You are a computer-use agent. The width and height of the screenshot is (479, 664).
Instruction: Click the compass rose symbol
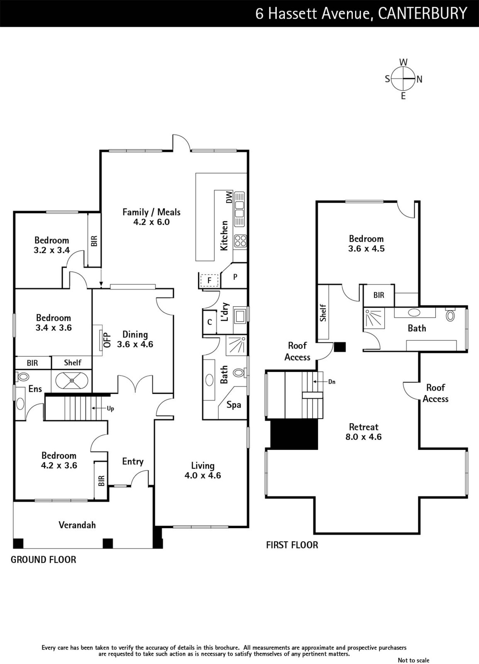403,79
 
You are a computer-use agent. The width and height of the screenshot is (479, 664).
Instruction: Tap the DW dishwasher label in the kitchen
229,197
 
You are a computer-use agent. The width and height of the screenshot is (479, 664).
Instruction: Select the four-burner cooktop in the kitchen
240,241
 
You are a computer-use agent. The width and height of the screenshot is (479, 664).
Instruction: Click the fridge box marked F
209,280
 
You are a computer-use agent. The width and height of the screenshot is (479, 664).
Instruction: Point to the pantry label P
235,277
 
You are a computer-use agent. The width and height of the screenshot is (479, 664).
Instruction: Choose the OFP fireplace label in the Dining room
107,340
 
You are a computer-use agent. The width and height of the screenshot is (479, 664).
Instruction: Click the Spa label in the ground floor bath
234,405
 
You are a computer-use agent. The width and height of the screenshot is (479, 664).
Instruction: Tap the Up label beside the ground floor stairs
110,408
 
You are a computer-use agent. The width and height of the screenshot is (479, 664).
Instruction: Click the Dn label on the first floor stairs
332,382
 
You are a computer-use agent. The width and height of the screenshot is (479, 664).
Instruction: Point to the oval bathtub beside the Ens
72,380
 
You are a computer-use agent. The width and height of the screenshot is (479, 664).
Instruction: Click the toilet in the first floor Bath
450,315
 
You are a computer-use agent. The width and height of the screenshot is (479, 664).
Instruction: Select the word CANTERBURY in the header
423,13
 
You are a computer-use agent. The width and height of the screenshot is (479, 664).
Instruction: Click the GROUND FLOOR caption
43,560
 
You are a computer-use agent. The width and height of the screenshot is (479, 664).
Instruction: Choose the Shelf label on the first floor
323,313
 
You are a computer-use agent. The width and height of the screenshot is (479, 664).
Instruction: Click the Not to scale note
413,660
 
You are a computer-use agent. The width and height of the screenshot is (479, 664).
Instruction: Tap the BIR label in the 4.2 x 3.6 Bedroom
101,481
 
